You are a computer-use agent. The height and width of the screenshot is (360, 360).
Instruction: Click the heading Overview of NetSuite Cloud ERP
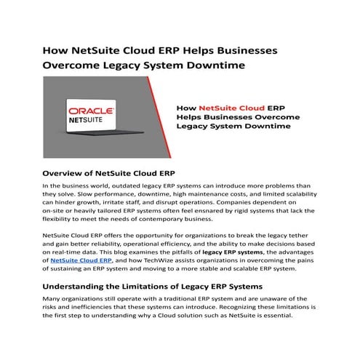tap(109, 174)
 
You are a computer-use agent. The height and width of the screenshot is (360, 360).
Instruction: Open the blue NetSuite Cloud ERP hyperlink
tap(81, 260)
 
